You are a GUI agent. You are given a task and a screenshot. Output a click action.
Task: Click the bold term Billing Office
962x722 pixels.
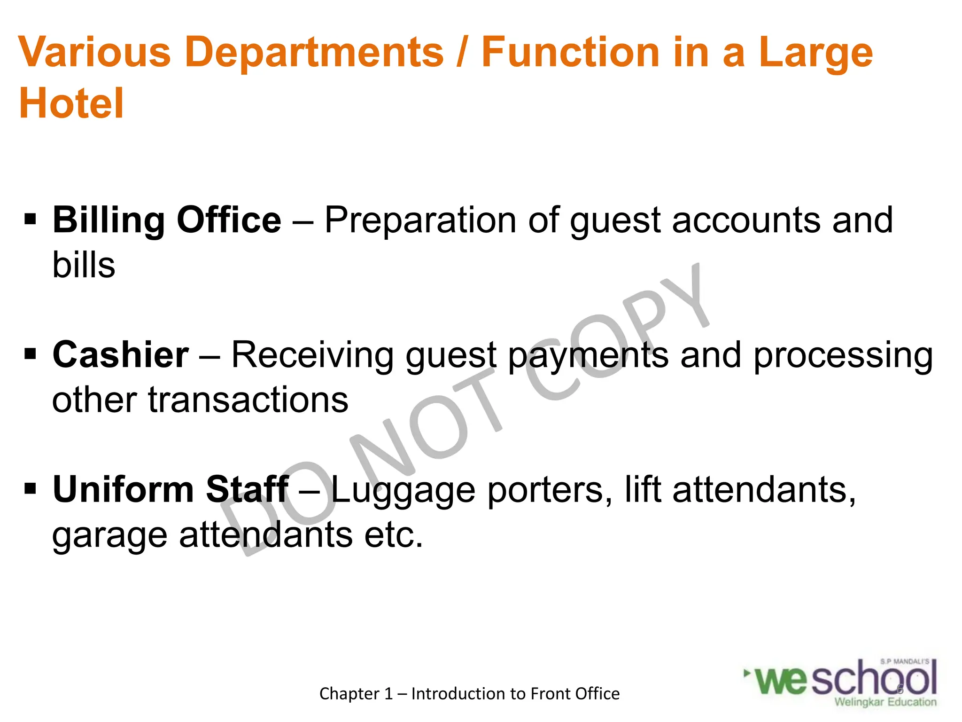[167, 220]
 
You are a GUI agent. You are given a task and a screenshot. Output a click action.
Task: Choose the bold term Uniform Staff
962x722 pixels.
[171, 489]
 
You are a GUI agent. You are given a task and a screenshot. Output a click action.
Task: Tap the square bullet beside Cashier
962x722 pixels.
[30, 354]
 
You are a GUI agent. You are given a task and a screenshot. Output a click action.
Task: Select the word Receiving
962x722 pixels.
[312, 355]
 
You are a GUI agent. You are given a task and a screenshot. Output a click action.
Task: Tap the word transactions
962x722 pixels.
[248, 400]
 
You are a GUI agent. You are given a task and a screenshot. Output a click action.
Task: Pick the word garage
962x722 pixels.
[109, 536]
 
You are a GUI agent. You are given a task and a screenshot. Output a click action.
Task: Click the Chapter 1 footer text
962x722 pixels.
[469, 694]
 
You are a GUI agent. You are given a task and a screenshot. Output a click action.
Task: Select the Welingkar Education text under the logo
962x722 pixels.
[885, 702]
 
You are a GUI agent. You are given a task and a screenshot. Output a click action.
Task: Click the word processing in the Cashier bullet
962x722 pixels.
[843, 355]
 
